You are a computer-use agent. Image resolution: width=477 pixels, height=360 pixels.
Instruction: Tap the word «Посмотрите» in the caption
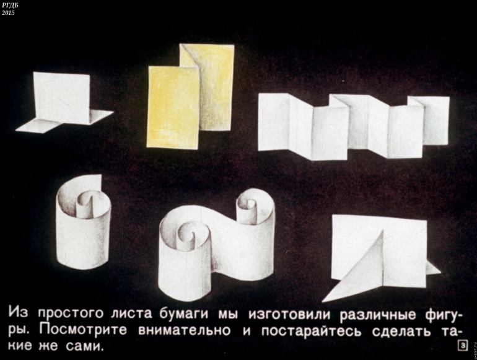[83, 330]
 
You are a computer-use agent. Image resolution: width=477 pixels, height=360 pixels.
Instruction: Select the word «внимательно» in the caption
[185, 330]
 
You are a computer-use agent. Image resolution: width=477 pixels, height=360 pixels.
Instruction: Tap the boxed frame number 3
[463, 346]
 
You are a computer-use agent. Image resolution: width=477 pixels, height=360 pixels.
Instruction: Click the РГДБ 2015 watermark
[8, 9]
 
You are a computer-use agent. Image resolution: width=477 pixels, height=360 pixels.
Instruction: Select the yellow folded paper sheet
[190, 96]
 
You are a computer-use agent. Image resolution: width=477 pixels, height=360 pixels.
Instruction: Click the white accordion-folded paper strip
[354, 126]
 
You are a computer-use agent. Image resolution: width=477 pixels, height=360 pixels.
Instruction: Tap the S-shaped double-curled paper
[217, 244]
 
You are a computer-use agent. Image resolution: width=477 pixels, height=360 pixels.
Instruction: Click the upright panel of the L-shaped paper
[63, 97]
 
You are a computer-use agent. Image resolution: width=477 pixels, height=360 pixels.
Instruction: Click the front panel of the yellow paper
[173, 108]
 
